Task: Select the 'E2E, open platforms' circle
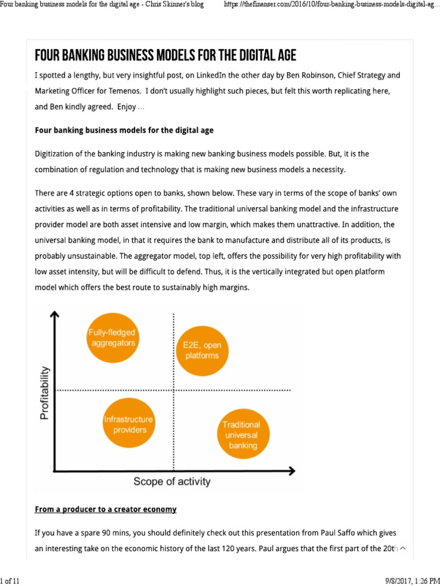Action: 201,350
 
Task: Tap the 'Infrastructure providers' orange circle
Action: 129,424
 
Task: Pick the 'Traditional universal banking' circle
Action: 241,434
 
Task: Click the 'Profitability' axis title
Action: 45,393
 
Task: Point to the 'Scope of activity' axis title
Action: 172,481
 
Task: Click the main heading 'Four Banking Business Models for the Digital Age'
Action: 166,56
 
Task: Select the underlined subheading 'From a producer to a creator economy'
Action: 105,509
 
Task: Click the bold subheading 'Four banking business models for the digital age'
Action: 124,130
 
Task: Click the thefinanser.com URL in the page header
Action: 328,5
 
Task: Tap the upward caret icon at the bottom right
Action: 402,548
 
